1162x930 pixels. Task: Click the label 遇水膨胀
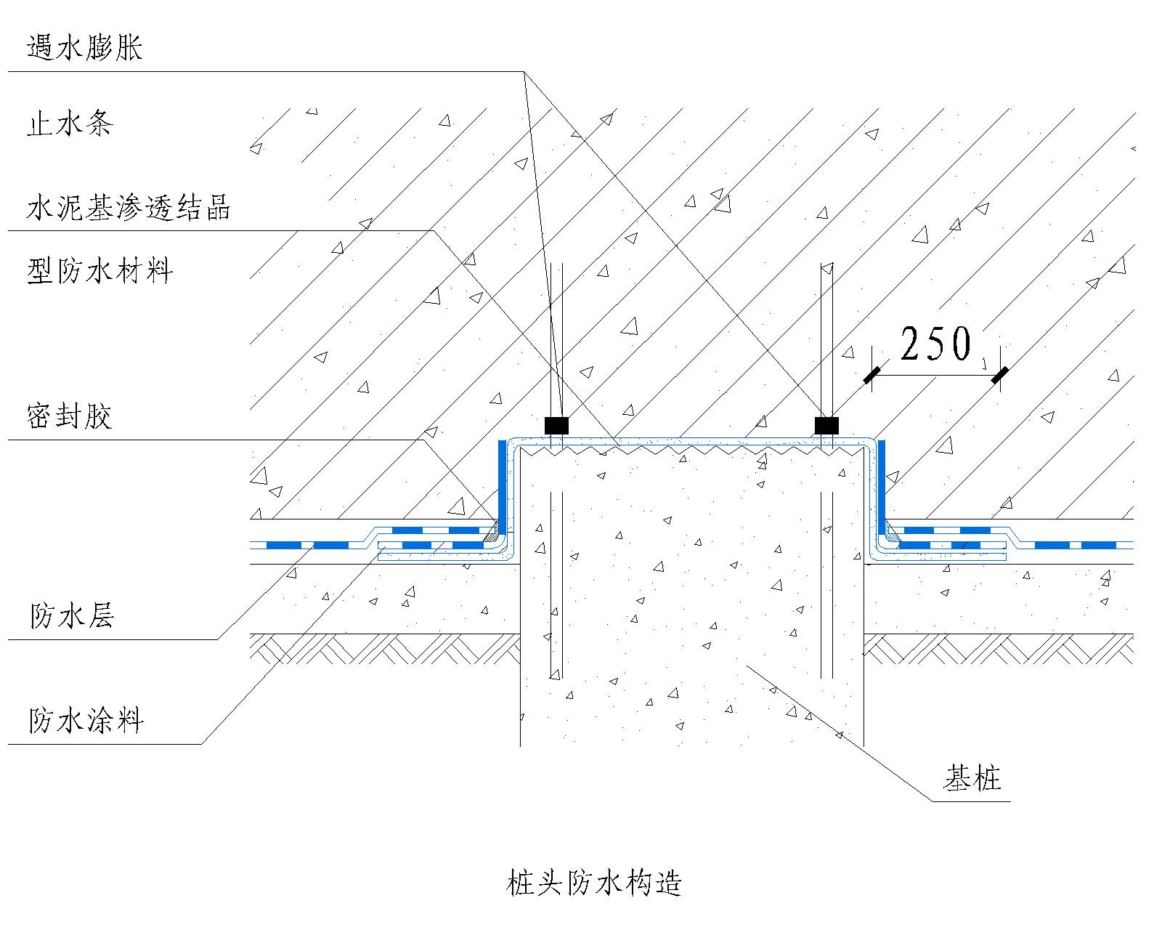pyautogui.click(x=84, y=48)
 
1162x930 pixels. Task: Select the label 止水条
pyautogui.click(x=70, y=124)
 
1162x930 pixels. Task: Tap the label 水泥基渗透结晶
pyautogui.click(x=128, y=207)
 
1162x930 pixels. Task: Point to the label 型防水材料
pyautogui.click(x=99, y=271)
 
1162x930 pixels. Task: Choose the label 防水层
pyautogui.click(x=71, y=616)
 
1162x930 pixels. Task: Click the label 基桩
pyautogui.click(x=972, y=778)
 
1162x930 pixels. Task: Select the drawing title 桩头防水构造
pyautogui.click(x=593, y=883)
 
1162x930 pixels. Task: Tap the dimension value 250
pyautogui.click(x=935, y=344)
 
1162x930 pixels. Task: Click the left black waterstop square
pyautogui.click(x=556, y=425)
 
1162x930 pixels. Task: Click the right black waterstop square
pyautogui.click(x=826, y=425)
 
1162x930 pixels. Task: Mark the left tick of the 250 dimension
pyautogui.click(x=871, y=375)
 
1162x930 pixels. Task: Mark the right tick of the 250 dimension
pyautogui.click(x=999, y=375)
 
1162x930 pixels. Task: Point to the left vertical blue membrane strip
pyautogui.click(x=501, y=487)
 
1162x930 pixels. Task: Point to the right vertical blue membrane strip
pyautogui.click(x=882, y=487)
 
